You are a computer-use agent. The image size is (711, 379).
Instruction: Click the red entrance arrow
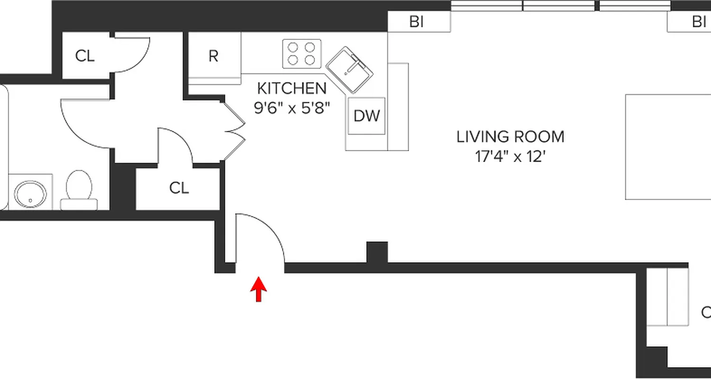pyautogui.click(x=258, y=289)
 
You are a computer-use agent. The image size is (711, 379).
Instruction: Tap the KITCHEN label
pyautogui.click(x=292, y=88)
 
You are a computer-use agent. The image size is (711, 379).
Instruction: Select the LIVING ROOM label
pyautogui.click(x=510, y=137)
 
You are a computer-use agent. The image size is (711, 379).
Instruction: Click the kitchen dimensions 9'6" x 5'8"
pyautogui.click(x=292, y=108)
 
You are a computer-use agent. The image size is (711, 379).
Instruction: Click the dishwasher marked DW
pyautogui.click(x=367, y=116)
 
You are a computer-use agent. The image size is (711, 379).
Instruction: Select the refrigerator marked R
pyautogui.click(x=214, y=56)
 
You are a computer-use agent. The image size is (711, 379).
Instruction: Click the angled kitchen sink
pyautogui.click(x=349, y=70)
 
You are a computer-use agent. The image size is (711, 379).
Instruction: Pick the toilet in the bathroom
pyautogui.click(x=79, y=190)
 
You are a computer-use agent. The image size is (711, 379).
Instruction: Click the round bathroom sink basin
pyautogui.click(x=30, y=193)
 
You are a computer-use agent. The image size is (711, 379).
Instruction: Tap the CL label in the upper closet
pyautogui.click(x=85, y=56)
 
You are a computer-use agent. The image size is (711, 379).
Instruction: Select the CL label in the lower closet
pyautogui.click(x=179, y=188)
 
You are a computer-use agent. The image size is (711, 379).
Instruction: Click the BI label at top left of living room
pyautogui.click(x=416, y=22)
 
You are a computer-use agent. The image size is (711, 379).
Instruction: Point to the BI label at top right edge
pyautogui.click(x=699, y=22)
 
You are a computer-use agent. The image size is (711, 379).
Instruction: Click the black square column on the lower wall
pyautogui.click(x=377, y=252)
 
